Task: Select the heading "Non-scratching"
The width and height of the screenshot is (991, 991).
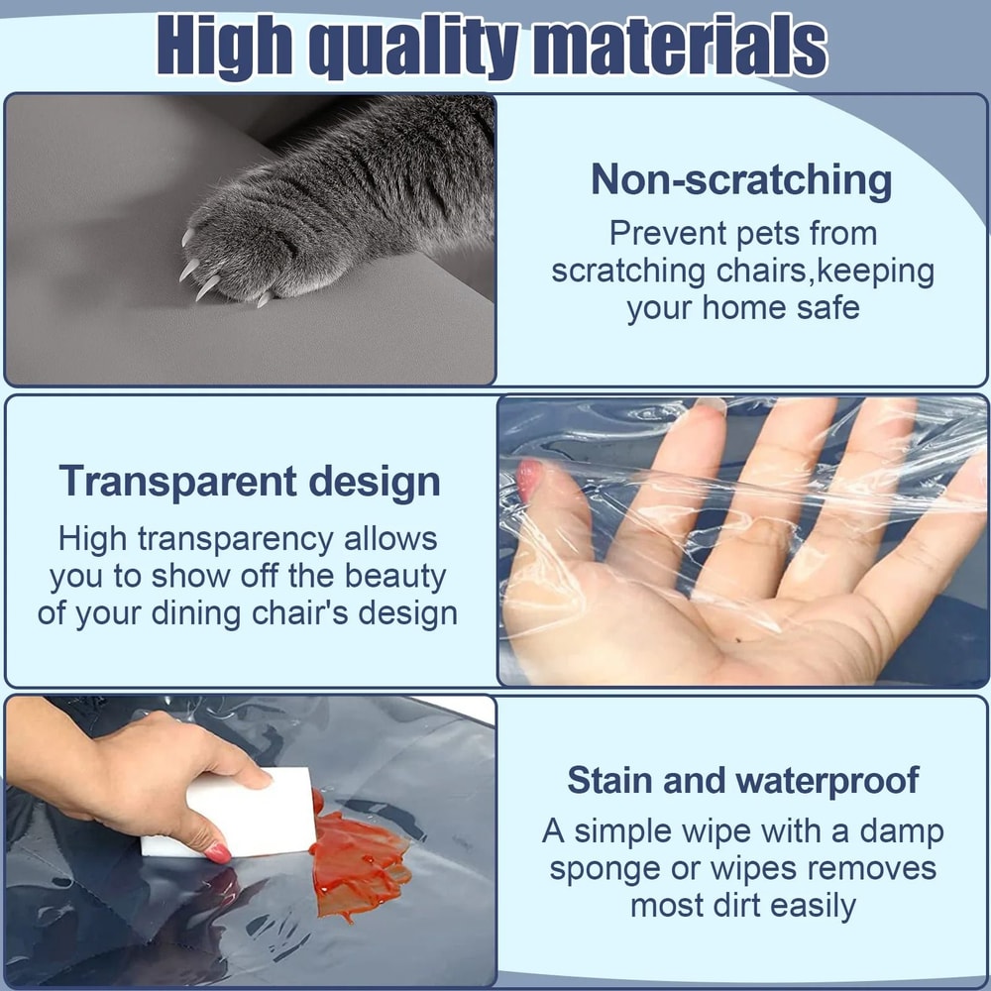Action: click(x=741, y=180)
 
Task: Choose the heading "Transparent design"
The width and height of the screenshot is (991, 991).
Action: click(x=250, y=482)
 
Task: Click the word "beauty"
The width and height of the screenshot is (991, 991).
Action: click(x=395, y=576)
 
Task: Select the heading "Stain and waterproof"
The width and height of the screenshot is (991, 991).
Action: click(x=741, y=780)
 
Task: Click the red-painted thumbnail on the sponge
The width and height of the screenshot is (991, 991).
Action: click(x=218, y=851)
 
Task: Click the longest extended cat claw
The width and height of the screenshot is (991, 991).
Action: click(x=207, y=288)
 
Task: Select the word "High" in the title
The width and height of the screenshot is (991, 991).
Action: click(x=224, y=46)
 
